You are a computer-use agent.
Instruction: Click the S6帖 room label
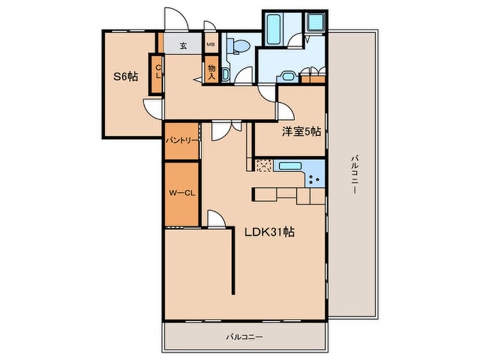125,76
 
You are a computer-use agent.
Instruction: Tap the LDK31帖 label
270,232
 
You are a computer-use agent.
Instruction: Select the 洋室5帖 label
301,131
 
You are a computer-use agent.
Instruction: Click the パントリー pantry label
182,141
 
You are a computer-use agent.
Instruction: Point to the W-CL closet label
182,193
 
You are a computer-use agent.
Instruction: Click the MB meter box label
210,44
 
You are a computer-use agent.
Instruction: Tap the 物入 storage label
212,72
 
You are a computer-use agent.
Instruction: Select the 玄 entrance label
183,46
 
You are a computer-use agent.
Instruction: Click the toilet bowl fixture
239,46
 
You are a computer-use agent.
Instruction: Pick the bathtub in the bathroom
273,30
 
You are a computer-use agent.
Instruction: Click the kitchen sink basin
290,166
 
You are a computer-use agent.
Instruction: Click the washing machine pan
315,22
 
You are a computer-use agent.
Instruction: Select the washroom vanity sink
288,77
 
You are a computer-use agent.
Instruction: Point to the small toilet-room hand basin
225,74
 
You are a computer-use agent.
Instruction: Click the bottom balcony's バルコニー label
245,337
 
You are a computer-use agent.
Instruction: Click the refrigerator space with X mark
263,166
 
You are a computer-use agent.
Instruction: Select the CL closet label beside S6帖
158,72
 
